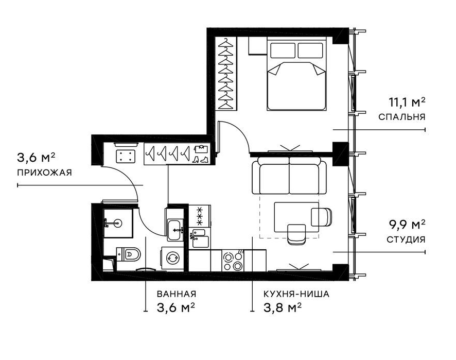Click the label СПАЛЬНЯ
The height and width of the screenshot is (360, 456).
point(401,117)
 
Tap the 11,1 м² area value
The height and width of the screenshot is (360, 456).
point(407,102)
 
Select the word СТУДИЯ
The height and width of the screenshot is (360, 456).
point(406,239)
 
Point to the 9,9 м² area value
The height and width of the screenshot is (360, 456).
point(407,225)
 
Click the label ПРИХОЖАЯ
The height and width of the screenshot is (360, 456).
point(44,173)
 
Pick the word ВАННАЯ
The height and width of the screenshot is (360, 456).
point(177,294)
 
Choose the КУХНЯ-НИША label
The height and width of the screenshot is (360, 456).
point(296,294)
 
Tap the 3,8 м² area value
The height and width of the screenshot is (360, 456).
point(282,307)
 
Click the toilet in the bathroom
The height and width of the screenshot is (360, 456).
point(128,254)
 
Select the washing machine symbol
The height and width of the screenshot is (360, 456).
point(172,258)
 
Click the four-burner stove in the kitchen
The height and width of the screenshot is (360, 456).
point(233,261)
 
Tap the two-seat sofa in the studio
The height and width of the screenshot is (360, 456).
point(289,176)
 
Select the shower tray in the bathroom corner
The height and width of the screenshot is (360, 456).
point(118,223)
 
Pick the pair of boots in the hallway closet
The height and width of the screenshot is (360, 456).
point(201,160)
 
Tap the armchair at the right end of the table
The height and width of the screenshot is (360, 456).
point(321,217)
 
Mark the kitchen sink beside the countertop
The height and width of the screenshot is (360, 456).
point(199,238)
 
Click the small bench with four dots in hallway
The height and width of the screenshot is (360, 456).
point(126,156)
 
